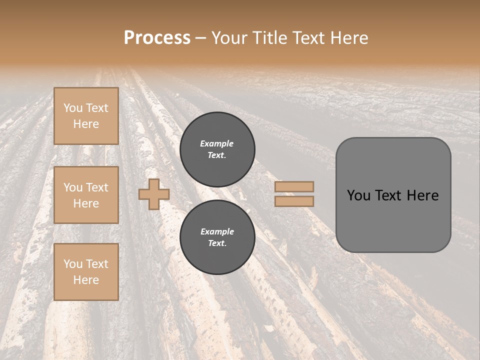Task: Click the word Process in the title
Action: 157,38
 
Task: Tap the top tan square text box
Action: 86,116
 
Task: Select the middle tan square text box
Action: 86,195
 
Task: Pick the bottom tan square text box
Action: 86,272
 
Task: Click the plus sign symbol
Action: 154,194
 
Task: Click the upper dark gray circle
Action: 217,149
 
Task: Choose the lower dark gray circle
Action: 217,237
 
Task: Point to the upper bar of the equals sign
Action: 294,187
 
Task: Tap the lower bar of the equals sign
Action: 294,201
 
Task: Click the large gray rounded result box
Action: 393,194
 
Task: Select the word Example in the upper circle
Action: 217,143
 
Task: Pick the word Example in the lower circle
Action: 217,231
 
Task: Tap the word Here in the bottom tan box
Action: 86,280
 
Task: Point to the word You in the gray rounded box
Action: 358,195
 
